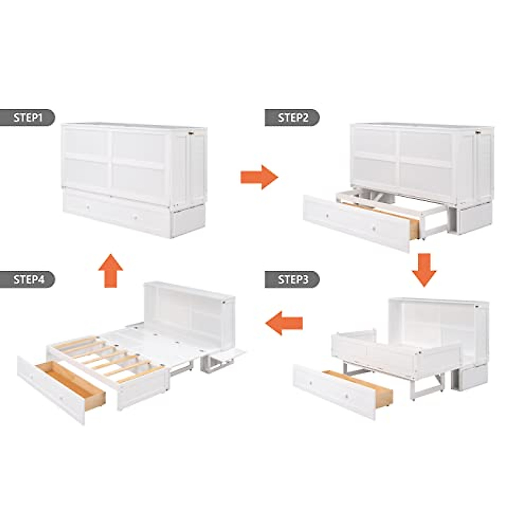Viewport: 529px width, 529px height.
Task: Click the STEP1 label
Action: point(28,118)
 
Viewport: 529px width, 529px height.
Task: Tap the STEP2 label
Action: point(292,118)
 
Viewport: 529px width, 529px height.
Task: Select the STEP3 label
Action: point(292,279)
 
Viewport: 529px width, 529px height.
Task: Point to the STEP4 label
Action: point(28,279)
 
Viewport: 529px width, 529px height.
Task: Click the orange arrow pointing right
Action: point(259,177)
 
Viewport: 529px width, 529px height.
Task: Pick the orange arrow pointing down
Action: point(424,269)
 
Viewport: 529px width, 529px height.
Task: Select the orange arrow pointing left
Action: point(284,323)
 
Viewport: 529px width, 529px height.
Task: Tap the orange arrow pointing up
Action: point(110,271)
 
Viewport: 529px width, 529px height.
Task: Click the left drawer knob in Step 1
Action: point(88,206)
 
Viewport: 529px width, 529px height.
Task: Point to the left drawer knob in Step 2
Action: point(328,216)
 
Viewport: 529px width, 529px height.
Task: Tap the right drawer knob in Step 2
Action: point(374,229)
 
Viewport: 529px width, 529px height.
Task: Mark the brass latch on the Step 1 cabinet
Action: point(191,132)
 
